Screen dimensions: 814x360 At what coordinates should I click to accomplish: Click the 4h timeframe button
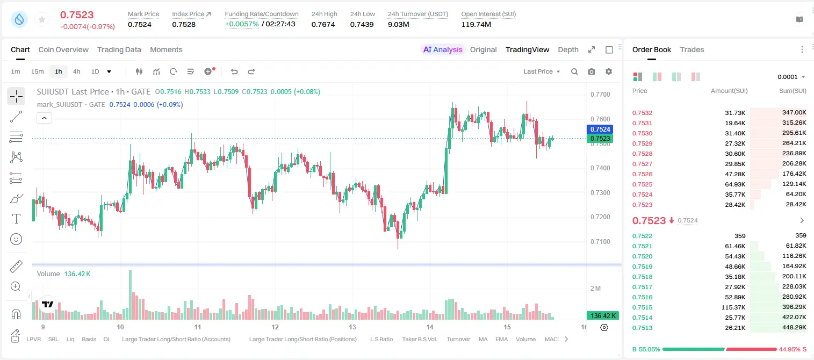tap(76, 71)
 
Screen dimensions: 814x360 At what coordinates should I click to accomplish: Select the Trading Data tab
tap(119, 49)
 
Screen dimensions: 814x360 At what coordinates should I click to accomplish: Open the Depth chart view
tap(568, 49)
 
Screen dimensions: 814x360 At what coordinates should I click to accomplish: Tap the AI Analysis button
tap(443, 49)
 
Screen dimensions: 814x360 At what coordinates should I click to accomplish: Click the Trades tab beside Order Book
tap(692, 49)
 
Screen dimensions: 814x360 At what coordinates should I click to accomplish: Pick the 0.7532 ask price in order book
tap(642, 113)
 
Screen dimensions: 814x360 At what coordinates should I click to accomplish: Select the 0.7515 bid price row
tap(642, 307)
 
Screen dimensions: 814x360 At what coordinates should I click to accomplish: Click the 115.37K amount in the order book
tap(733, 307)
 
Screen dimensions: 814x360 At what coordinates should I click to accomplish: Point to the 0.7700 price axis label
tap(600, 95)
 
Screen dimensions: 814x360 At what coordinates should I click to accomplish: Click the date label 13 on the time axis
tap(352, 327)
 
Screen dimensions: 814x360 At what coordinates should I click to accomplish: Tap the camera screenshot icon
tap(591, 71)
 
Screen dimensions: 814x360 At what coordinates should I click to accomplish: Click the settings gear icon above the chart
tap(609, 71)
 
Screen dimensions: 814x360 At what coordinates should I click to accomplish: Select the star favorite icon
tap(42, 19)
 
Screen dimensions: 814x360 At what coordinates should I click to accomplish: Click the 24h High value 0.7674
tap(323, 24)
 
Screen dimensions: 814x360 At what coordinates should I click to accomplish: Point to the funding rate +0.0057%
tap(242, 24)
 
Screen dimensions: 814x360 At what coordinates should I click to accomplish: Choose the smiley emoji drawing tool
tap(16, 239)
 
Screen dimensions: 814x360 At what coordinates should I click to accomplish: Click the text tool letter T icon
tap(16, 219)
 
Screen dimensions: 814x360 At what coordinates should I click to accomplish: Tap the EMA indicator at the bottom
tap(501, 339)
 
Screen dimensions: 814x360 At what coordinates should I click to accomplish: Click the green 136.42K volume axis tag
tap(603, 316)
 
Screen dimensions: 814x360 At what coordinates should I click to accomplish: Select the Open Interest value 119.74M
tap(476, 24)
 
